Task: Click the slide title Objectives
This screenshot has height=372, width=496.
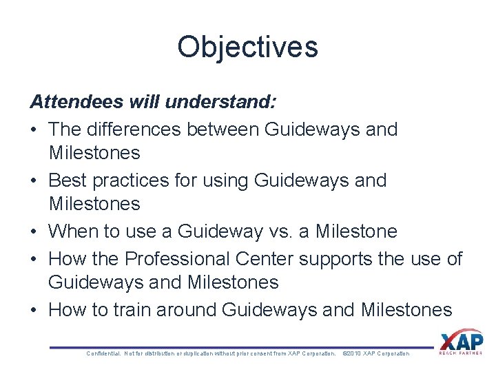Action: click(247, 47)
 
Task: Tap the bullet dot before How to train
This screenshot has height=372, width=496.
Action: click(34, 310)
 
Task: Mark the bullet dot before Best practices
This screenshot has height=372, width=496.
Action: click(34, 180)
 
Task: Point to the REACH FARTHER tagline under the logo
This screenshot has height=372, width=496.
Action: click(461, 354)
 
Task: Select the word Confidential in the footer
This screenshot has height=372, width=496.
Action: click(103, 353)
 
